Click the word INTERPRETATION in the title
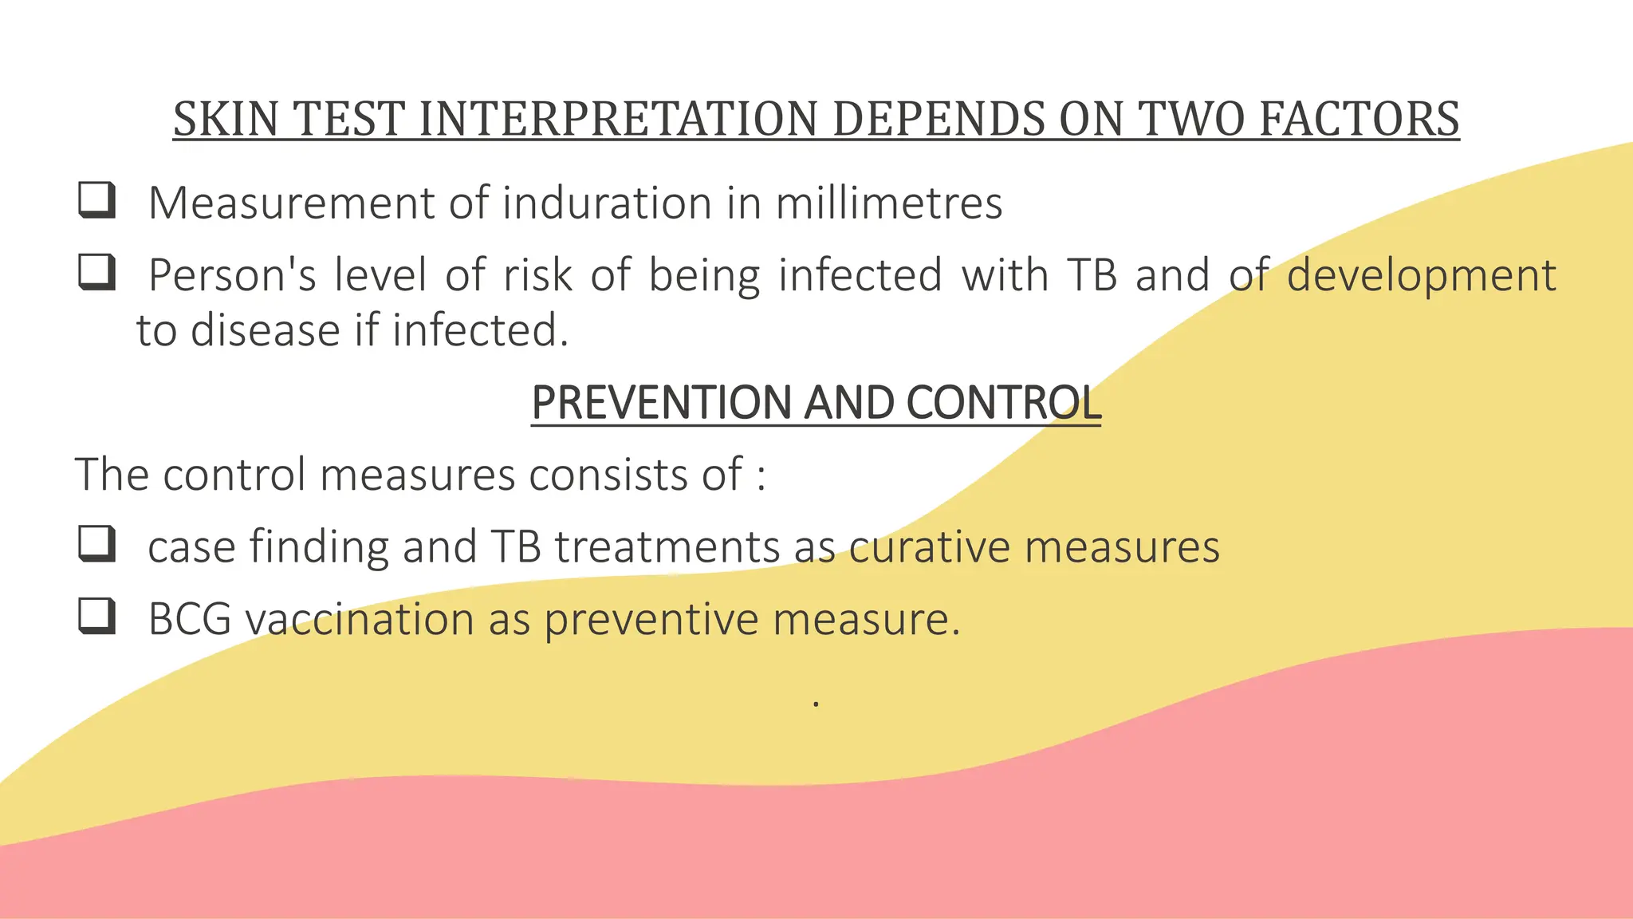click(x=618, y=120)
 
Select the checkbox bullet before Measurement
click(x=97, y=200)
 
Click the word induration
click(x=607, y=203)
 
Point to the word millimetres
click(x=888, y=203)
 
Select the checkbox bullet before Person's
click(x=97, y=273)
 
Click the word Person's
click(x=233, y=275)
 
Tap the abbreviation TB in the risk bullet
click(x=1092, y=275)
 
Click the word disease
click(x=265, y=330)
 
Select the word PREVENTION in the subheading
click(x=661, y=402)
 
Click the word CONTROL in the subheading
click(x=1003, y=402)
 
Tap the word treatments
click(x=667, y=547)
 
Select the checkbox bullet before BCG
click(x=97, y=617)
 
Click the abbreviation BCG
click(x=190, y=619)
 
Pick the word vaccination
click(x=359, y=619)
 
